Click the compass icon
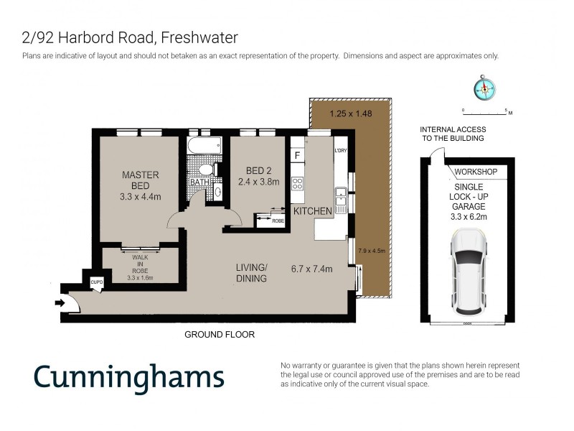tap(484, 88)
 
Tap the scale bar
tap(486, 113)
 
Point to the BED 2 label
tap(258, 170)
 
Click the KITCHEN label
tap(313, 211)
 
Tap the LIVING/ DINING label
tap(252, 273)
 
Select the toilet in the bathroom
tap(205, 170)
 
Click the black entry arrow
tap(60, 304)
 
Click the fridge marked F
tap(296, 155)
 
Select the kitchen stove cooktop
tap(297, 182)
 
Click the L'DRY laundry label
tap(340, 150)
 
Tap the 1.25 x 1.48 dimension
tap(350, 113)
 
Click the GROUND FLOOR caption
tap(220, 335)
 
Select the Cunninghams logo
tap(129, 376)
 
